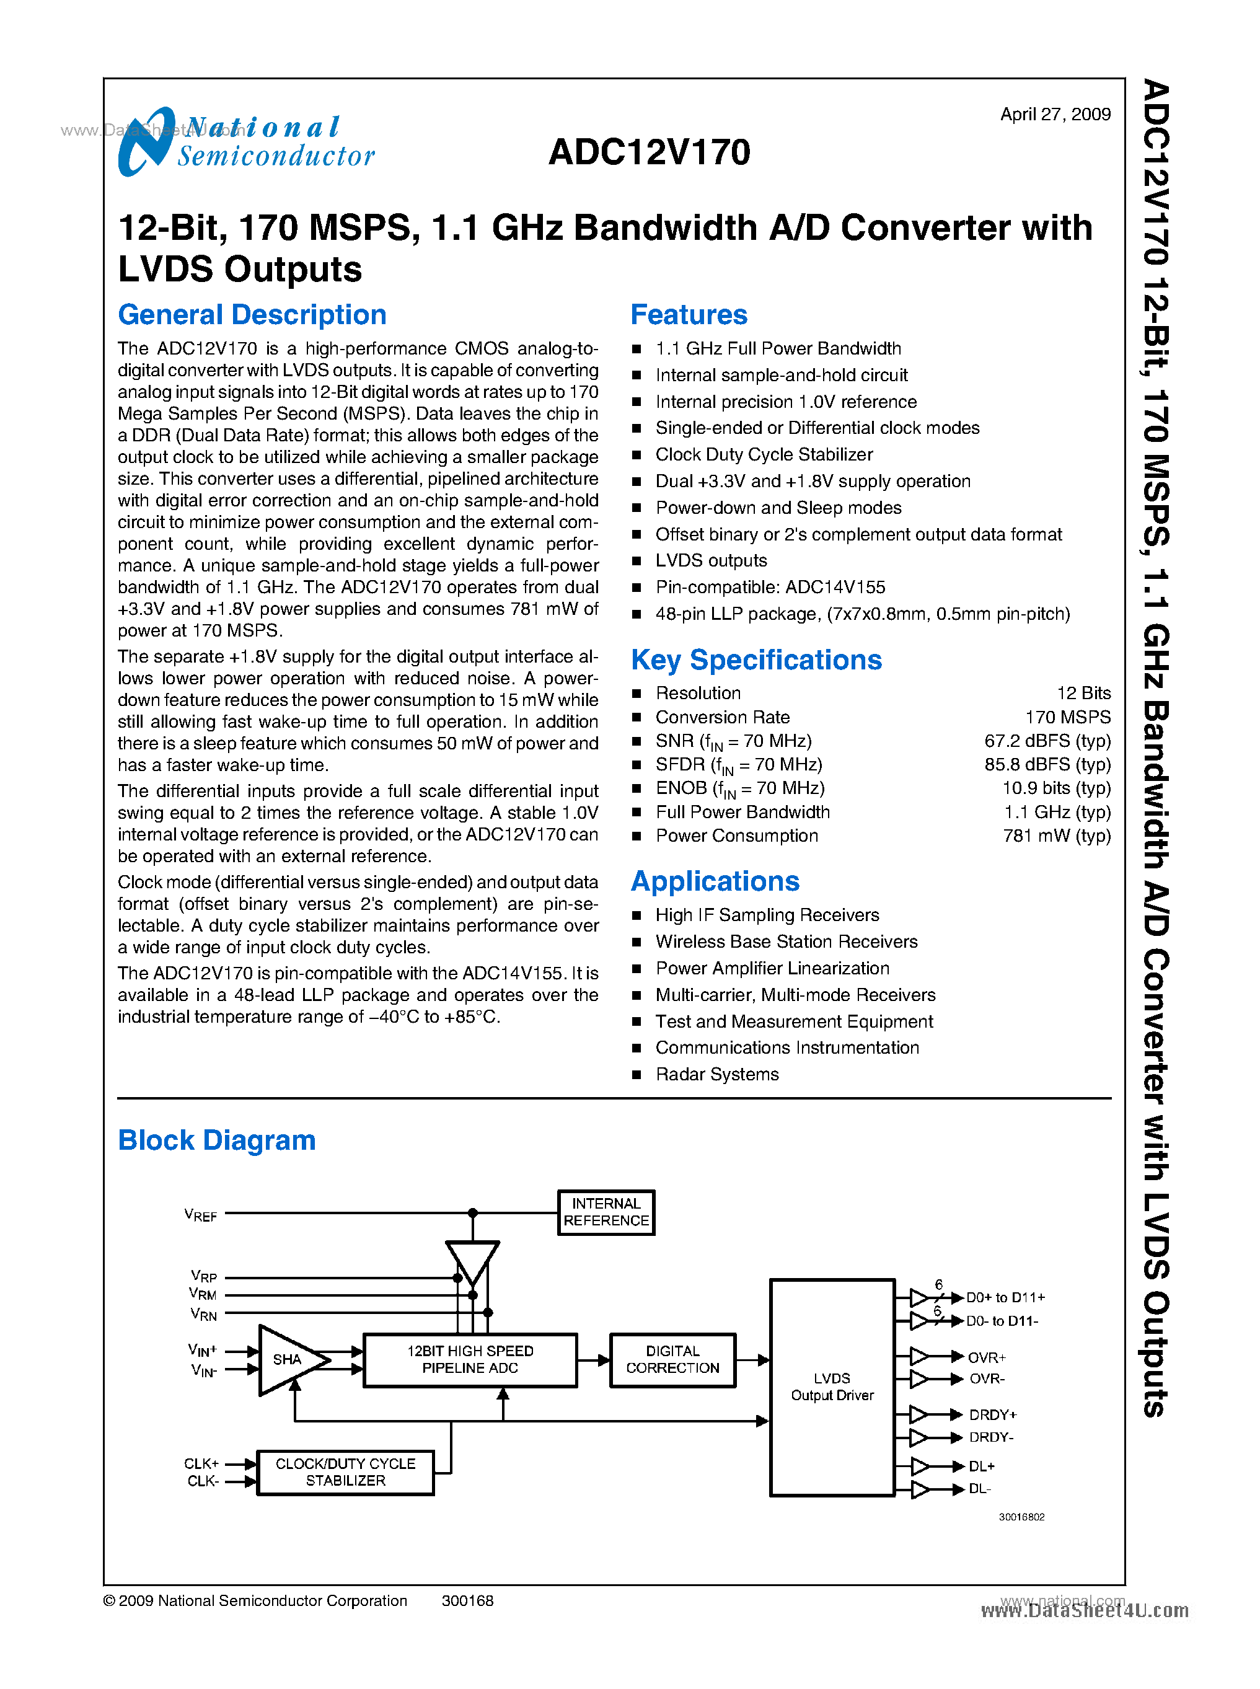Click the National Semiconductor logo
[245, 142]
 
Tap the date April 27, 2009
[1055, 115]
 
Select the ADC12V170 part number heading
[649, 152]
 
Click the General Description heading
[252, 315]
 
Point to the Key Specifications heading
[756, 660]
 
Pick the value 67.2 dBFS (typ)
[1047, 741]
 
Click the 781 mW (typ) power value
[1056, 836]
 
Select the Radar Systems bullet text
[717, 1074]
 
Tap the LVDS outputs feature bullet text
[711, 561]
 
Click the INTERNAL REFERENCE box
[606, 1212]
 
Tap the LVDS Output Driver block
[832, 1387]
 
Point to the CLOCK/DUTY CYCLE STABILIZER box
[345, 1472]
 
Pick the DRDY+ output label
[992, 1415]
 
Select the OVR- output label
[987, 1378]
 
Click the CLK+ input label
[201, 1463]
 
